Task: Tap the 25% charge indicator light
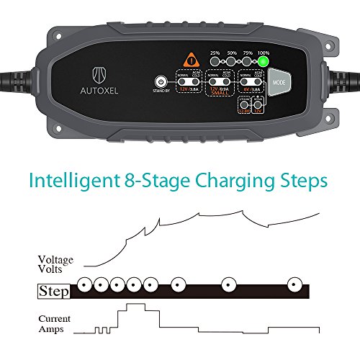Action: click(215, 63)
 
